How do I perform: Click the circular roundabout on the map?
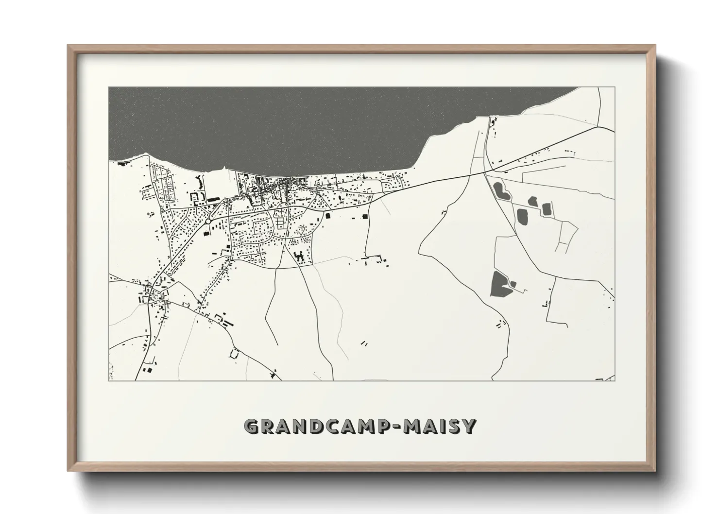click(x=208, y=221)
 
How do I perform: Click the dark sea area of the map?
click(x=291, y=126)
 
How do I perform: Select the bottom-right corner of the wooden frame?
click(x=655, y=471)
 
